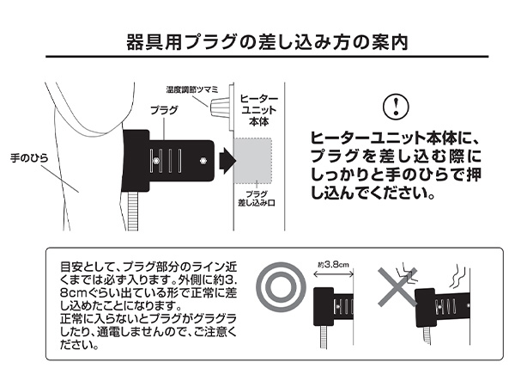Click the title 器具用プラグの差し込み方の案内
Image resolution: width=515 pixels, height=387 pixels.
(267, 42)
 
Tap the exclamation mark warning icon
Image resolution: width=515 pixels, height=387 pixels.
(396, 107)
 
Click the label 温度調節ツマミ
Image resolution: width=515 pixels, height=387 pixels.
(192, 89)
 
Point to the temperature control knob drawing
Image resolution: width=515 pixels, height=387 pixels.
(219, 107)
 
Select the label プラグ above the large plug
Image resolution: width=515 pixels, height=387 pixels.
(164, 110)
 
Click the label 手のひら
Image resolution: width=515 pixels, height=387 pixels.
(29, 158)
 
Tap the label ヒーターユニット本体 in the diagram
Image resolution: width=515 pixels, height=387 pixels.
(258, 110)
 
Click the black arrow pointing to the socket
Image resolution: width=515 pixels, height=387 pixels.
(227, 161)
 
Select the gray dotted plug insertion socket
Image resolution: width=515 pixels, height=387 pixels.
(252, 161)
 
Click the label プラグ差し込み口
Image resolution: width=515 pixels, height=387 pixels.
(257, 199)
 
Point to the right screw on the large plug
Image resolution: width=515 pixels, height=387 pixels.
(203, 161)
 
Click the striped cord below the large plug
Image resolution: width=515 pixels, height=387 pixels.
(133, 212)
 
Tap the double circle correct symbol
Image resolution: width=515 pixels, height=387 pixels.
(281, 287)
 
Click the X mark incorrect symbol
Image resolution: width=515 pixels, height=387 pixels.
(397, 287)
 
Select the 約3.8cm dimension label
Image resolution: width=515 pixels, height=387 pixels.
(333, 264)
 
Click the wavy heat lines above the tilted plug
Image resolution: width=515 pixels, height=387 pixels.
(457, 277)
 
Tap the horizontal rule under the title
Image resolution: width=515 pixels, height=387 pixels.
(267, 57)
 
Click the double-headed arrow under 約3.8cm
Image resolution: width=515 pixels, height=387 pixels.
(333, 274)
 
